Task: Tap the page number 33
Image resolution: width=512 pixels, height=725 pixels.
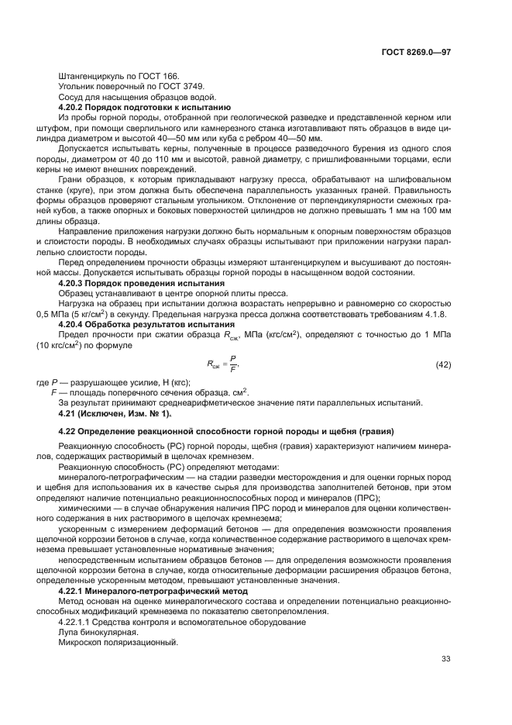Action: click(445, 659)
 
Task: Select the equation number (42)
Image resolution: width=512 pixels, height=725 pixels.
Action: click(443, 364)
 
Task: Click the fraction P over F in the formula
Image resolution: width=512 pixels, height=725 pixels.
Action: click(233, 364)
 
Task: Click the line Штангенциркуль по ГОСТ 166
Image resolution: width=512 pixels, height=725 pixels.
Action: click(118, 76)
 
